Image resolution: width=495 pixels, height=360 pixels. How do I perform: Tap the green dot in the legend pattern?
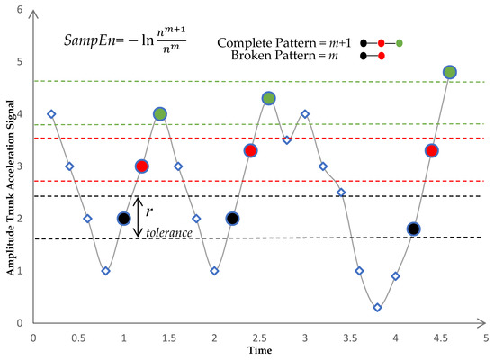[x=399, y=42]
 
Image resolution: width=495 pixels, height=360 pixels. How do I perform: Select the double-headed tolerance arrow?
[x=138, y=218]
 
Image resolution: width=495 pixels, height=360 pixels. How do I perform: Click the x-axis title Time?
[x=258, y=348]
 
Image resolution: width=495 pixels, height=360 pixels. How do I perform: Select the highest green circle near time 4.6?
[x=450, y=72]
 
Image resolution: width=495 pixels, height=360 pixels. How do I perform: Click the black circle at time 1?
[x=123, y=218]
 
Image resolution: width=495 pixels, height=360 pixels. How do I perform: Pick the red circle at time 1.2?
[x=141, y=166]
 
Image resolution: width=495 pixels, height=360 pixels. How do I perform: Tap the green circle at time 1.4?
[x=160, y=113]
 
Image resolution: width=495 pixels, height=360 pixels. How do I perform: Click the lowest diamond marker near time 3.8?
[x=377, y=307]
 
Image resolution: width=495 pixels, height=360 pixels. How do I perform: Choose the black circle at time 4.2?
[x=413, y=229]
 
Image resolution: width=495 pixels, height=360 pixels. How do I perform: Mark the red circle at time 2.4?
[x=250, y=150]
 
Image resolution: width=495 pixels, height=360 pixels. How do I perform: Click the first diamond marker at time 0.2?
[x=51, y=113]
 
